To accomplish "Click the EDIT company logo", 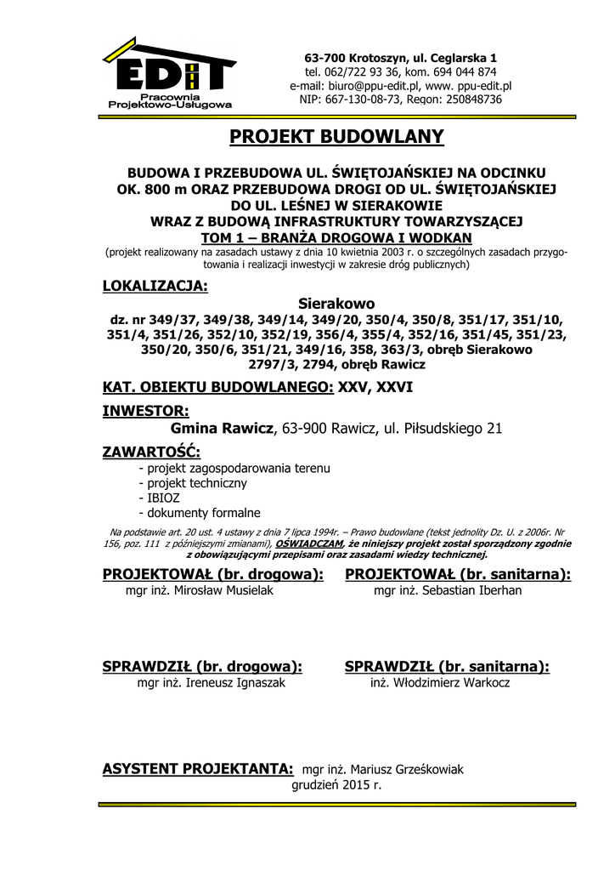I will tap(169, 74).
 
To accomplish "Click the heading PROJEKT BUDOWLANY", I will tap(336, 137).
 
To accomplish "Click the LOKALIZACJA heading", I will tap(155, 285).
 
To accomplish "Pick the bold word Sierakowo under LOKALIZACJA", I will tap(336, 303).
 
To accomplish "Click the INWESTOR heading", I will tap(145, 412).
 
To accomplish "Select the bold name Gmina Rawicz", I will tap(223, 429).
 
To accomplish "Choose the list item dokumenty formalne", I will tap(204, 513).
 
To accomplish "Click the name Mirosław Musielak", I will tap(223, 590).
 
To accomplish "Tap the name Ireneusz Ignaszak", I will tap(235, 683).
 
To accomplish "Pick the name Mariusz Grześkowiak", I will tap(409, 770).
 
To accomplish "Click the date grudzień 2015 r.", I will tap(336, 785).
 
